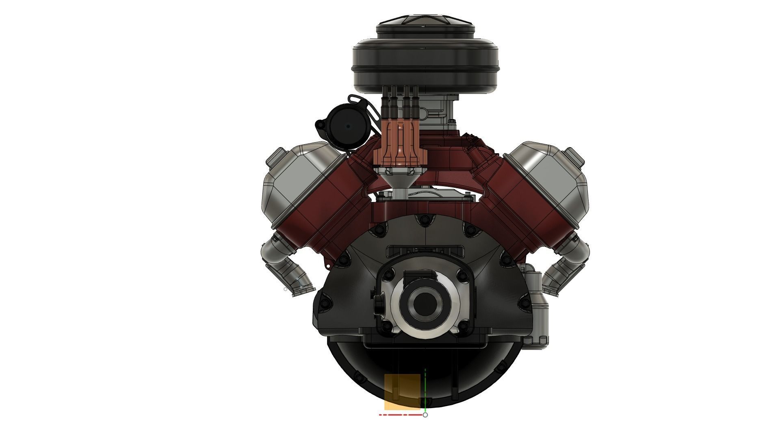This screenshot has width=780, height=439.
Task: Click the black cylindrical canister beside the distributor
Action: (x=348, y=127)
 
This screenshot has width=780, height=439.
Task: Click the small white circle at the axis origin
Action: (x=425, y=415)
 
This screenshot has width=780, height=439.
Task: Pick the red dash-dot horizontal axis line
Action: (x=400, y=415)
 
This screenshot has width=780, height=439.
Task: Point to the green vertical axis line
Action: (x=425, y=390)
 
